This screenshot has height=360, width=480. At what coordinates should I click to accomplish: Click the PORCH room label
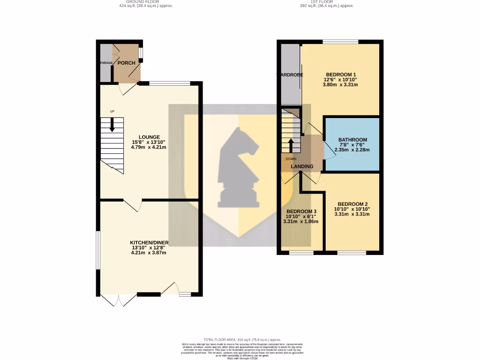click(x=126, y=63)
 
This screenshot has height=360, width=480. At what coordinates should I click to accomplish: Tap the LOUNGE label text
click(x=149, y=137)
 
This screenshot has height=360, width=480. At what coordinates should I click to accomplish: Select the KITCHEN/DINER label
click(x=149, y=242)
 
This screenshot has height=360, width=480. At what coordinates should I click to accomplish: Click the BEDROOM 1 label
click(x=341, y=75)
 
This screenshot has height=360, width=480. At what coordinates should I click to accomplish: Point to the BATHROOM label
click(x=352, y=140)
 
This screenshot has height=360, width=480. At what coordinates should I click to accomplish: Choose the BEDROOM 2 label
click(x=352, y=203)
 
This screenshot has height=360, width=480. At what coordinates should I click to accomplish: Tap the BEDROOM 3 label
click(x=301, y=211)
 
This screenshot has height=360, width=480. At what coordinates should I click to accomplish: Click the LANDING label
click(x=302, y=166)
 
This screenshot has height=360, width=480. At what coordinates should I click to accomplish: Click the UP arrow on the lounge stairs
click(x=112, y=125)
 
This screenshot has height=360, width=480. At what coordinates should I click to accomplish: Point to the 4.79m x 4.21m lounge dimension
click(x=149, y=147)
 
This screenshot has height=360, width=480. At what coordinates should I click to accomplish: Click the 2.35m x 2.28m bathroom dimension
click(x=352, y=150)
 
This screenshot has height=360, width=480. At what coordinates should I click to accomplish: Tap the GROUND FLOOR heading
click(x=142, y=2)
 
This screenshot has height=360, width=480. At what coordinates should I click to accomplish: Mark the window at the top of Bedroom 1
click(x=340, y=42)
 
